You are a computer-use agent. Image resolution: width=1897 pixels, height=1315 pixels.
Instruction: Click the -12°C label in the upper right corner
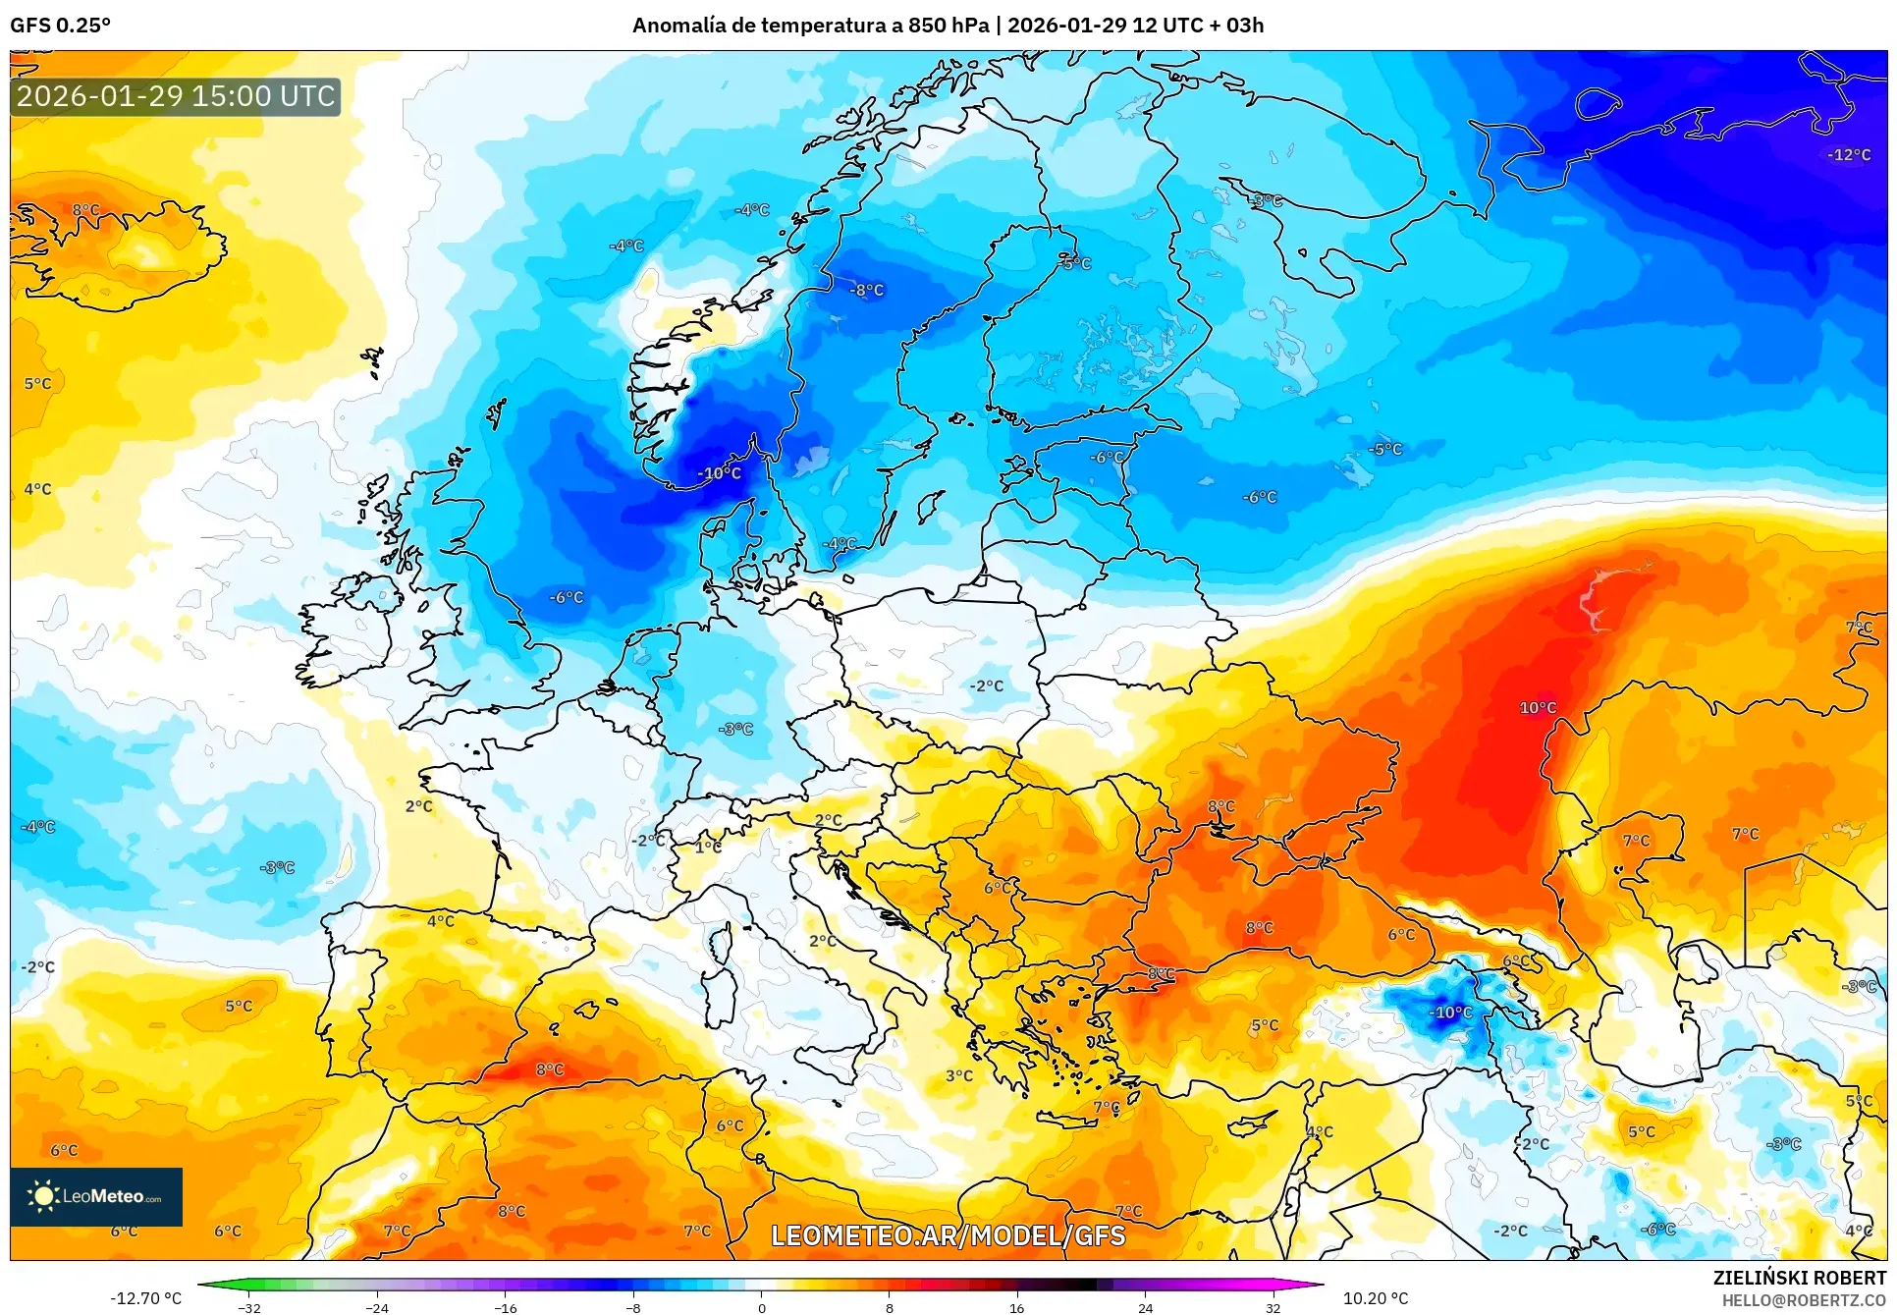click(x=1849, y=155)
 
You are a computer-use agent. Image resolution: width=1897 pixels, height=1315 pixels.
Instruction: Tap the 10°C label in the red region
click(x=1537, y=708)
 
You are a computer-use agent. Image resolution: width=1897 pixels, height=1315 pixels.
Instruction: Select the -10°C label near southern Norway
click(x=720, y=473)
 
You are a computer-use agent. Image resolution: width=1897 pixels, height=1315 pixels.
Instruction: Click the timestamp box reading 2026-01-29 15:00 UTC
click(x=176, y=96)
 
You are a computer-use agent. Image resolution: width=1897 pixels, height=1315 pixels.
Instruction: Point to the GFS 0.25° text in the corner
click(x=60, y=25)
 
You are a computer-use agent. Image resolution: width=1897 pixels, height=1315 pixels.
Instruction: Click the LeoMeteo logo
click(x=96, y=1196)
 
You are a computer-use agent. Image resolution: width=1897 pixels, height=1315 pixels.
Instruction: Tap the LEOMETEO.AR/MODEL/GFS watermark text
click(x=948, y=1235)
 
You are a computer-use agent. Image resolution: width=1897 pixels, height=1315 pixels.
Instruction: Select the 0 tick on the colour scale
click(x=761, y=1307)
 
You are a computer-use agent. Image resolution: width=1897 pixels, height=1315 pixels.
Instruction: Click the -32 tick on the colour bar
click(x=249, y=1307)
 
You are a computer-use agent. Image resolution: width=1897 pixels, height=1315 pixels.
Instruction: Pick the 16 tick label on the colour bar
click(x=1016, y=1307)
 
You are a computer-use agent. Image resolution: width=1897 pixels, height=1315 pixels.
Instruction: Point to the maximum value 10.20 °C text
click(x=1375, y=1298)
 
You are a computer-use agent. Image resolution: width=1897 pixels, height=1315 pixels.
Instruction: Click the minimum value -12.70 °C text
click(x=145, y=1298)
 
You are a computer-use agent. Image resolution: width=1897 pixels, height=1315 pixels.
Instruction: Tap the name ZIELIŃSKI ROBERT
click(x=1799, y=1278)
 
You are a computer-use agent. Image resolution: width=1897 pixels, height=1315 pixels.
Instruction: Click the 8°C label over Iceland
click(x=85, y=210)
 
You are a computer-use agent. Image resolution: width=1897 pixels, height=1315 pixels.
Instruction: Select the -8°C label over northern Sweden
click(x=866, y=291)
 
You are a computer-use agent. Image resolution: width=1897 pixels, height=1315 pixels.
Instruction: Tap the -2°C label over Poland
click(x=986, y=686)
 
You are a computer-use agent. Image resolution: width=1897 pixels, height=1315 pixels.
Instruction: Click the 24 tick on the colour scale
click(x=1145, y=1307)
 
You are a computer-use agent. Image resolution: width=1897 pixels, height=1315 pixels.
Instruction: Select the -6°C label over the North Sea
click(x=566, y=597)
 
